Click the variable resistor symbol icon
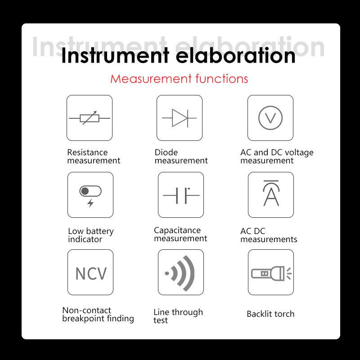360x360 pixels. pyautogui.click(x=90, y=118)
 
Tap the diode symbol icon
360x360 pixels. pyautogui.click(x=179, y=118)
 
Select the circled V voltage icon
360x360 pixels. pyautogui.click(x=270, y=118)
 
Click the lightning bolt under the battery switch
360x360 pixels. pyautogui.click(x=91, y=203)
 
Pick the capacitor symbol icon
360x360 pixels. pyautogui.click(x=181, y=195)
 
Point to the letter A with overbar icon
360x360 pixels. pyautogui.click(x=271, y=193)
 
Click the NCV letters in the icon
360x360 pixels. pyautogui.click(x=91, y=274)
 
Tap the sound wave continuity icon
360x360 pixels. pyautogui.click(x=180, y=273)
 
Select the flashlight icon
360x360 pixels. pyautogui.click(x=271, y=274)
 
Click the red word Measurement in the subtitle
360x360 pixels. pyautogui.click(x=151, y=79)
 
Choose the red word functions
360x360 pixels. pyautogui.click(x=222, y=78)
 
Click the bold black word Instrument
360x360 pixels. pyautogui.click(x=115, y=55)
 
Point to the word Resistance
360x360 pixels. pyautogui.click(x=87, y=152)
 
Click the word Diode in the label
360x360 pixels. pyautogui.click(x=166, y=152)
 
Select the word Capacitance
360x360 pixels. pyautogui.click(x=177, y=230)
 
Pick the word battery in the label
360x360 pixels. pyautogui.click(x=100, y=231)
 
